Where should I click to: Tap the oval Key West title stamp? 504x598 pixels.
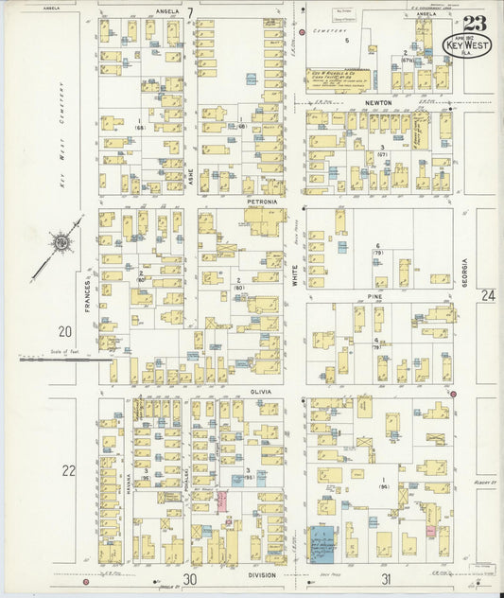coord(467,44)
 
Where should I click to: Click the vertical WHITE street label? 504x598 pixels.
coord(295,274)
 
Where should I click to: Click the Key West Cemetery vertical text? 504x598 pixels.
coord(61,156)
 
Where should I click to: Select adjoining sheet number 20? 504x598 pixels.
coord(65,331)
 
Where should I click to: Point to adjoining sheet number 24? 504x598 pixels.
coord(487,296)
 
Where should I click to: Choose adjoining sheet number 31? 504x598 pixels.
coord(386,579)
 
